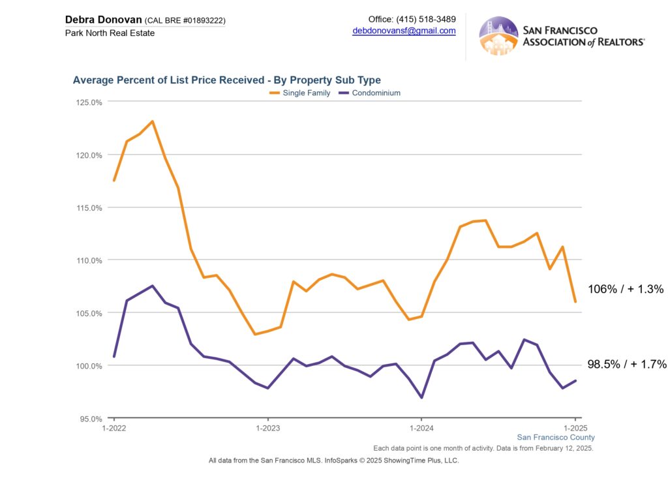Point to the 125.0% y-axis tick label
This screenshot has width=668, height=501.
click(88, 102)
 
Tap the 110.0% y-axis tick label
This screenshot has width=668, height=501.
click(88, 260)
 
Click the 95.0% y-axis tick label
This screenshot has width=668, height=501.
click(89, 419)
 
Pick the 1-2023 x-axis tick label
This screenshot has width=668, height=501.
click(267, 429)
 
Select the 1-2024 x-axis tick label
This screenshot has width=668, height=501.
click(421, 429)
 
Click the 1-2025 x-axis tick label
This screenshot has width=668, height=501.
click(575, 429)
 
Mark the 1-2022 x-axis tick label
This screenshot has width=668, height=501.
click(114, 429)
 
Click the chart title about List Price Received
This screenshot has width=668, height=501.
click(226, 80)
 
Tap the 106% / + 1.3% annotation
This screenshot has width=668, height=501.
click(626, 289)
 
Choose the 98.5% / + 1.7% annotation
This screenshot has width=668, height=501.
click(627, 365)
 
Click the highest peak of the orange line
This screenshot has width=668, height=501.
click(152, 121)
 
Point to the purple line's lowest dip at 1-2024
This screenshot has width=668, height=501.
click(421, 397)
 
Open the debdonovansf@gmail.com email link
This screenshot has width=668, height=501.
click(404, 31)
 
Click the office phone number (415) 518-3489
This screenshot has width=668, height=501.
click(426, 19)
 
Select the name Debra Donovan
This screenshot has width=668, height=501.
click(103, 20)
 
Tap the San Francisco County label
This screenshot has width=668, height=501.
click(556, 438)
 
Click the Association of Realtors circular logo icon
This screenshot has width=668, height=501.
click(498, 36)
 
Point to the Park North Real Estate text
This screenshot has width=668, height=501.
click(110, 33)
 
